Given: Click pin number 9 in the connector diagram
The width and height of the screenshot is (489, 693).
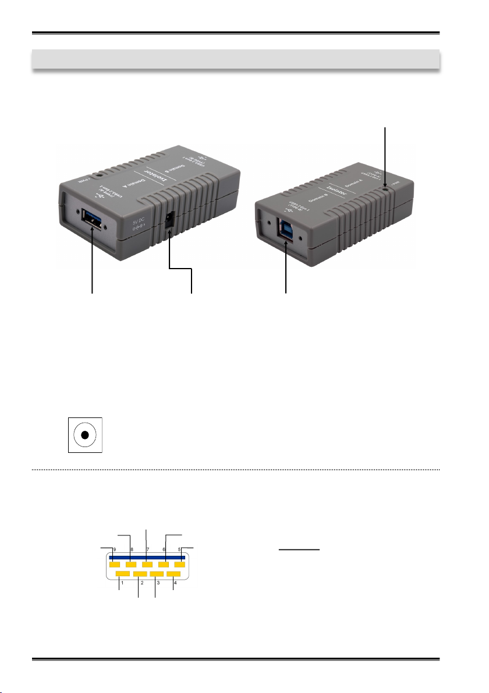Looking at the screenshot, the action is pyautogui.click(x=115, y=549).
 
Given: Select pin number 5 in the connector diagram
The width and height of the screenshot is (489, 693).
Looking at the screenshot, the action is pyautogui.click(x=179, y=549).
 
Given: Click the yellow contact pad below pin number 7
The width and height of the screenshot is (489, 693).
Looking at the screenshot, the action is pyautogui.click(x=147, y=565).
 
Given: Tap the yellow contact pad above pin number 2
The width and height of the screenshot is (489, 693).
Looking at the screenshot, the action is pyautogui.click(x=140, y=574).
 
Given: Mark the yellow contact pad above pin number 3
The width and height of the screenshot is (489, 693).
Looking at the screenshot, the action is pyautogui.click(x=157, y=574).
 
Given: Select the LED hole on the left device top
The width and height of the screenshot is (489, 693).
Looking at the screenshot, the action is pyautogui.click(x=101, y=173).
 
